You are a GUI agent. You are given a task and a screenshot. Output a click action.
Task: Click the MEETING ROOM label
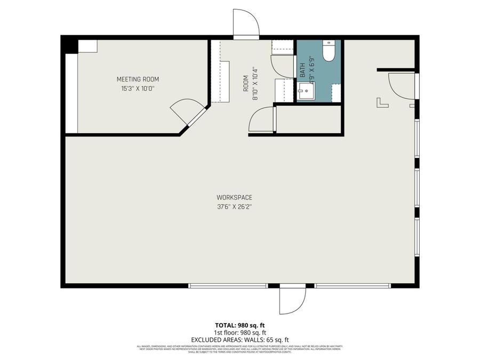[138, 79]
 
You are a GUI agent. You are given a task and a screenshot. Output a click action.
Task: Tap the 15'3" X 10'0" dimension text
[138, 89]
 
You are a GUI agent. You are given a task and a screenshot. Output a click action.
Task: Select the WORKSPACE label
[234, 197]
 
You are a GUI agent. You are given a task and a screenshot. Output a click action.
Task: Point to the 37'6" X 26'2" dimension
[234, 206]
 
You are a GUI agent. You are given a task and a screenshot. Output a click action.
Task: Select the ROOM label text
[246, 84]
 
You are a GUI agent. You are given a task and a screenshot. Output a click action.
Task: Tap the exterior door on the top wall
[246, 23]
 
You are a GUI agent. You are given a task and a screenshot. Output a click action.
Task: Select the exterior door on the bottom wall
[292, 301]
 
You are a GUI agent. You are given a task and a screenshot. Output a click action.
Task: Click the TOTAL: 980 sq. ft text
[239, 325]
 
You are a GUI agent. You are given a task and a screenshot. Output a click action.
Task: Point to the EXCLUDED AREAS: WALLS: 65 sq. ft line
[239, 339]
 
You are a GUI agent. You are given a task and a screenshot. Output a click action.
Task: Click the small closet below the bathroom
[308, 118]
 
